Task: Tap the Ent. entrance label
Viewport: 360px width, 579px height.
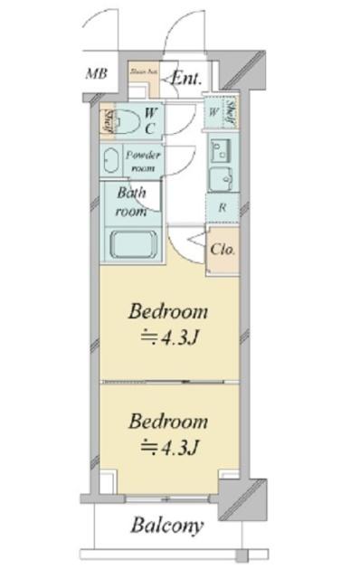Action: pos(187,78)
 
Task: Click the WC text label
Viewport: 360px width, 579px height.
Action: pos(151,119)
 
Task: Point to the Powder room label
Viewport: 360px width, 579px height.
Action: pos(145,161)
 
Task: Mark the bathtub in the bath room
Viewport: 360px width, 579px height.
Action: pos(133,243)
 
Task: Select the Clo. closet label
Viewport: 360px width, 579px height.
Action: pos(223,248)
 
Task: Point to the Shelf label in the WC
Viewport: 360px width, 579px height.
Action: pos(109,120)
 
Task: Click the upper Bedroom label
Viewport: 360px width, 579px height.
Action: pos(168,312)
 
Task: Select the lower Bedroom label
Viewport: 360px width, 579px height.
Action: pos(168,421)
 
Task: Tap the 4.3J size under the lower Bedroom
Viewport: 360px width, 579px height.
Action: pos(169,446)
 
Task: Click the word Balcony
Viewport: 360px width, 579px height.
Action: pos(166,526)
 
